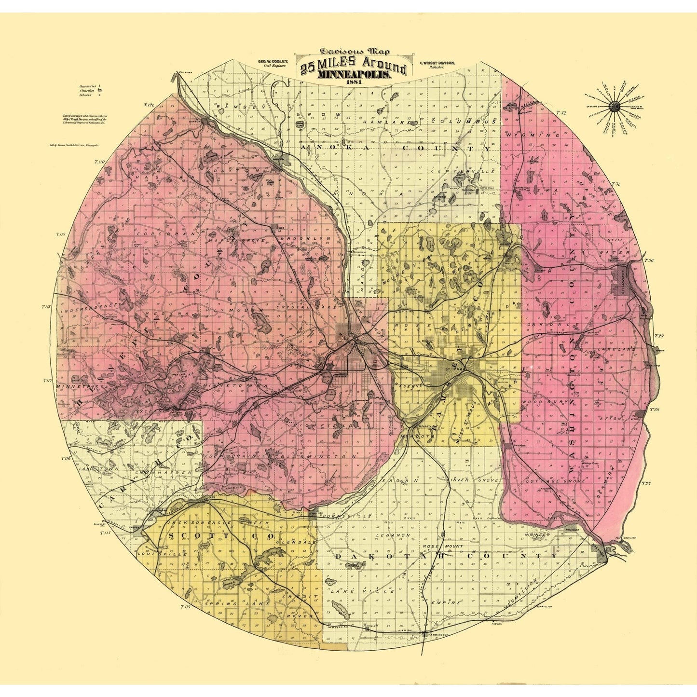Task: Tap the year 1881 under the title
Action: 354,82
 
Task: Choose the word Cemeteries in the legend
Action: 87,86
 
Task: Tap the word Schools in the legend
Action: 86,95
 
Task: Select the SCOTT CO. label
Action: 221,536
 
